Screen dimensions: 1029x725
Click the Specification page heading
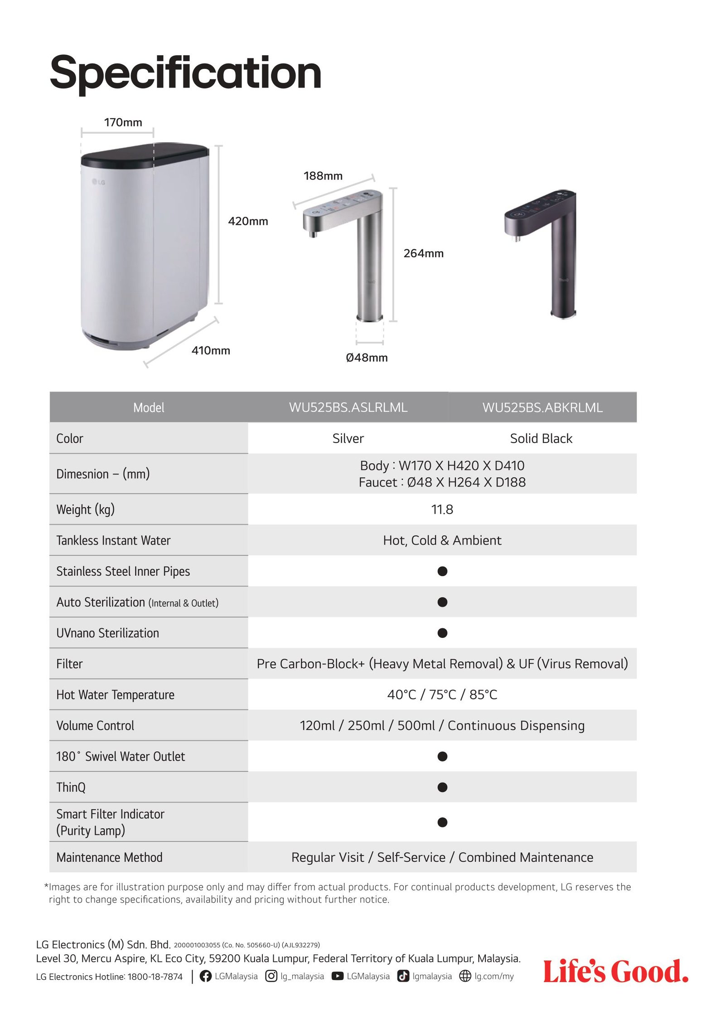185,73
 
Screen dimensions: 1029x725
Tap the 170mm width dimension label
123,122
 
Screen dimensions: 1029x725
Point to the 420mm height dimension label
248,221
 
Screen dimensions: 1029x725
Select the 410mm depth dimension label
211,350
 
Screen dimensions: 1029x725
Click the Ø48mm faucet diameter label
367,358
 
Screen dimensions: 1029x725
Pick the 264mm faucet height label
423,253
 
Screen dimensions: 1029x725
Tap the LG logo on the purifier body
99,182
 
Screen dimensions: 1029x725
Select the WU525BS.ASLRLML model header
348,408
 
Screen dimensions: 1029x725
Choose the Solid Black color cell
541,438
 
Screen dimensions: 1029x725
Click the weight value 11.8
442,510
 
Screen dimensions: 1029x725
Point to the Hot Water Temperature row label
115,694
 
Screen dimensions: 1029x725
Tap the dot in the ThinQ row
442,787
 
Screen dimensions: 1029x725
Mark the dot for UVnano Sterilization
442,633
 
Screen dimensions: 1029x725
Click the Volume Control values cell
442,725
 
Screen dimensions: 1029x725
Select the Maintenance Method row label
109,857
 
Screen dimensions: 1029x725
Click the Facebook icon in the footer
206,976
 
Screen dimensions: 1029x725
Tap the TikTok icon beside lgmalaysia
403,976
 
